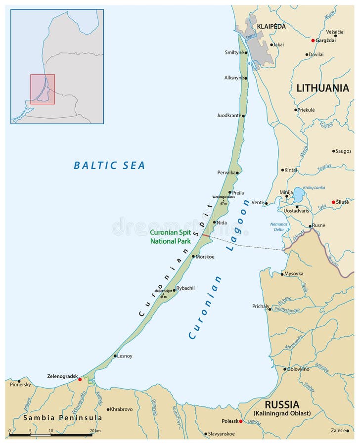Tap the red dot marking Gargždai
313,40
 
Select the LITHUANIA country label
322,88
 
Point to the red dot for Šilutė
333,202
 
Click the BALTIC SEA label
109,166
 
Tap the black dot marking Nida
214,222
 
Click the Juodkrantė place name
228,115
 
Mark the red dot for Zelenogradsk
80,379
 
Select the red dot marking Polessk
241,421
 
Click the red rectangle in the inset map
43,89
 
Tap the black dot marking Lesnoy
115,356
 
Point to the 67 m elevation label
224,203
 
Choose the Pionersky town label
20,384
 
